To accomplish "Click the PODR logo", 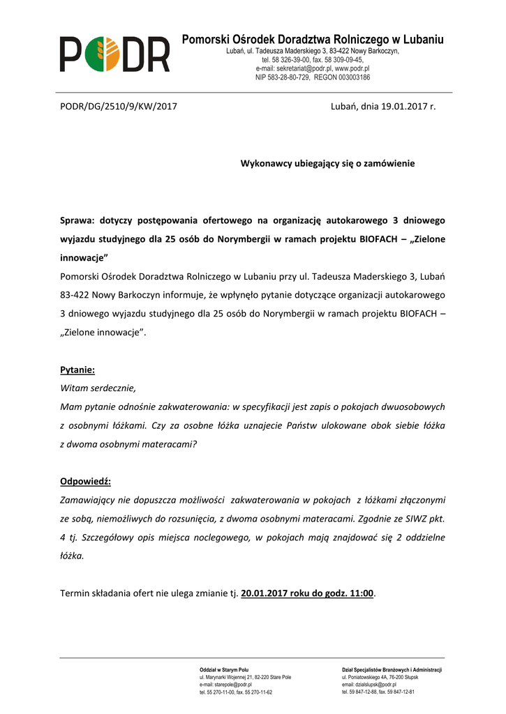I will tap(114, 54).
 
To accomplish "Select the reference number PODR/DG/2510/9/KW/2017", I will tap(119, 107).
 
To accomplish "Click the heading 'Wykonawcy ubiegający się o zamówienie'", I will tap(327, 163).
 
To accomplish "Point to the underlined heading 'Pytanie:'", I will tap(77, 370).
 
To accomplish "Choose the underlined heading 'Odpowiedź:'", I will tap(86, 482).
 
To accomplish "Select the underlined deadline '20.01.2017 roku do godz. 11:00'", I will tap(308, 593).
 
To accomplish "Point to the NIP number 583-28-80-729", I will tap(294, 77).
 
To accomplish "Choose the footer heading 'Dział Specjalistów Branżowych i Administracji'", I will tap(392, 669).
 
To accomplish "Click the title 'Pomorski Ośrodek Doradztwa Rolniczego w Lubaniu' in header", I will tap(313, 40).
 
